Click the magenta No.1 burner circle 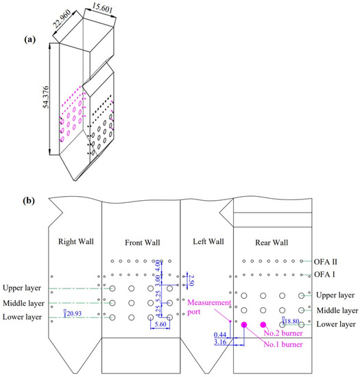[x=244, y=325]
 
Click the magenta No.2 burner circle [x=263, y=325]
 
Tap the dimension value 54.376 [x=46, y=97]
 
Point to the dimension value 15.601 [x=102, y=8]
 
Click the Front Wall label [x=143, y=243]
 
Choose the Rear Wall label [x=272, y=243]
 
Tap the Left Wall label [x=208, y=241]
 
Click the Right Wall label [x=76, y=241]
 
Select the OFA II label [x=325, y=262]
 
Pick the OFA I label [x=324, y=274]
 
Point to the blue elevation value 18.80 [x=291, y=321]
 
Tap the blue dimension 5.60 [x=160, y=324]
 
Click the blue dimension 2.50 [x=191, y=280]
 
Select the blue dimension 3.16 [x=220, y=341]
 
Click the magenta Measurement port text [x=209, y=307]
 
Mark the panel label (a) [x=29, y=39]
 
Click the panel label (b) [x=29, y=200]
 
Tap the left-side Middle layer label [x=23, y=303]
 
